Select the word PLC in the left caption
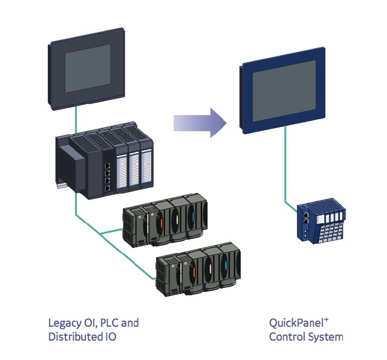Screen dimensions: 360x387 [109, 322]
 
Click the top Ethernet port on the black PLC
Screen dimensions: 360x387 [107, 164]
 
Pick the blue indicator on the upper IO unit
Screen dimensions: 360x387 [192, 215]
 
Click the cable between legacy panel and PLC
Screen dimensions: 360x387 [75, 119]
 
